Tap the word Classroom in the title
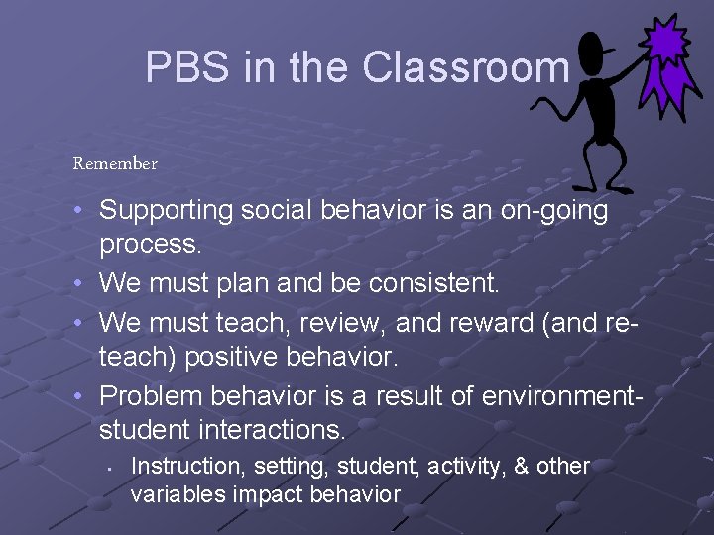tap(465, 68)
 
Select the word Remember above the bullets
tap(115, 163)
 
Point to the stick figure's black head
tap(594, 49)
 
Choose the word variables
tap(177, 495)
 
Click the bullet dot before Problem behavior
tap(78, 395)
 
